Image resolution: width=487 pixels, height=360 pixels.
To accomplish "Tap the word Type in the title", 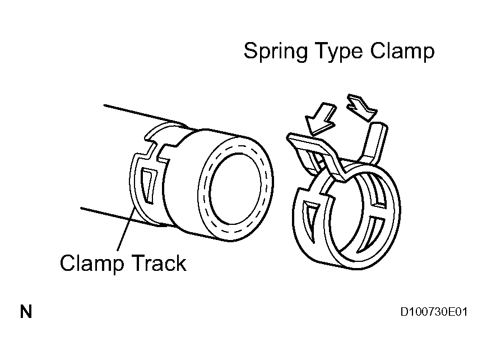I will (x=337, y=52).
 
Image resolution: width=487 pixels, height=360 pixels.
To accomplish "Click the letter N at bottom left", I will (x=26, y=312).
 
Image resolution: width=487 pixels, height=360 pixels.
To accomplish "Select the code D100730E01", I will (x=434, y=312).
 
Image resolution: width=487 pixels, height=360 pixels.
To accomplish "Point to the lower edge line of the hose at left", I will (x=106, y=213).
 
